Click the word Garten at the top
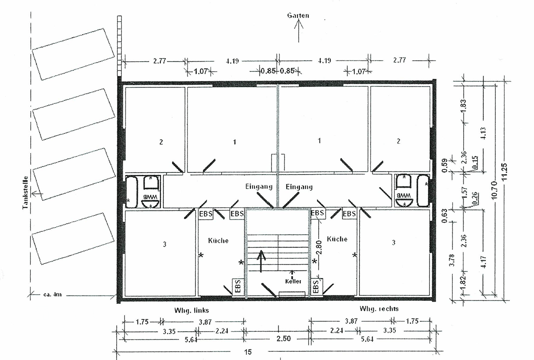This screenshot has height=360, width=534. point(298,16)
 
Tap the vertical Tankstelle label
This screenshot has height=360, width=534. point(25,192)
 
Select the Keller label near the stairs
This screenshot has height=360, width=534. point(293,281)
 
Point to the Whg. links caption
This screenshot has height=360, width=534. point(192,310)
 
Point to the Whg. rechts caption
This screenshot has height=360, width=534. point(379,309)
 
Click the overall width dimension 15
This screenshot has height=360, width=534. point(247,352)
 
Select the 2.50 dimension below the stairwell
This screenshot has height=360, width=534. point(284,339)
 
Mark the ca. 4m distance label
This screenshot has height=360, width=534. point(52,295)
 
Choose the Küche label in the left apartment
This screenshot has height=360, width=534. point(219,240)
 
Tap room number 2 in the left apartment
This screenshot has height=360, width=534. point(161,142)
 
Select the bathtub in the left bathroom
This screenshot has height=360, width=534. point(132,192)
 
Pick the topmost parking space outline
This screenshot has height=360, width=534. point(73,54)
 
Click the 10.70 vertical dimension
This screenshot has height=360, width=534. point(494,190)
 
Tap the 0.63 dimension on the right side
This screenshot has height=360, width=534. point(444,217)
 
